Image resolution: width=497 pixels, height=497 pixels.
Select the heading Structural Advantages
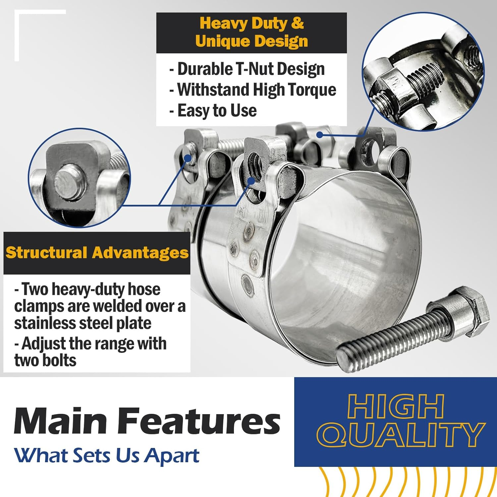97,252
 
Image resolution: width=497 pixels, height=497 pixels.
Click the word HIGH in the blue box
396,407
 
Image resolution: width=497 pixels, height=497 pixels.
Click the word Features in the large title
199,421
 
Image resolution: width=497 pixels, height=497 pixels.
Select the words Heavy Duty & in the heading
251,23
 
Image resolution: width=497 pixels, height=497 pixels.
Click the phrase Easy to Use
217,111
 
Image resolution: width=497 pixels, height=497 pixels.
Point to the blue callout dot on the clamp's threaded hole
251,181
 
